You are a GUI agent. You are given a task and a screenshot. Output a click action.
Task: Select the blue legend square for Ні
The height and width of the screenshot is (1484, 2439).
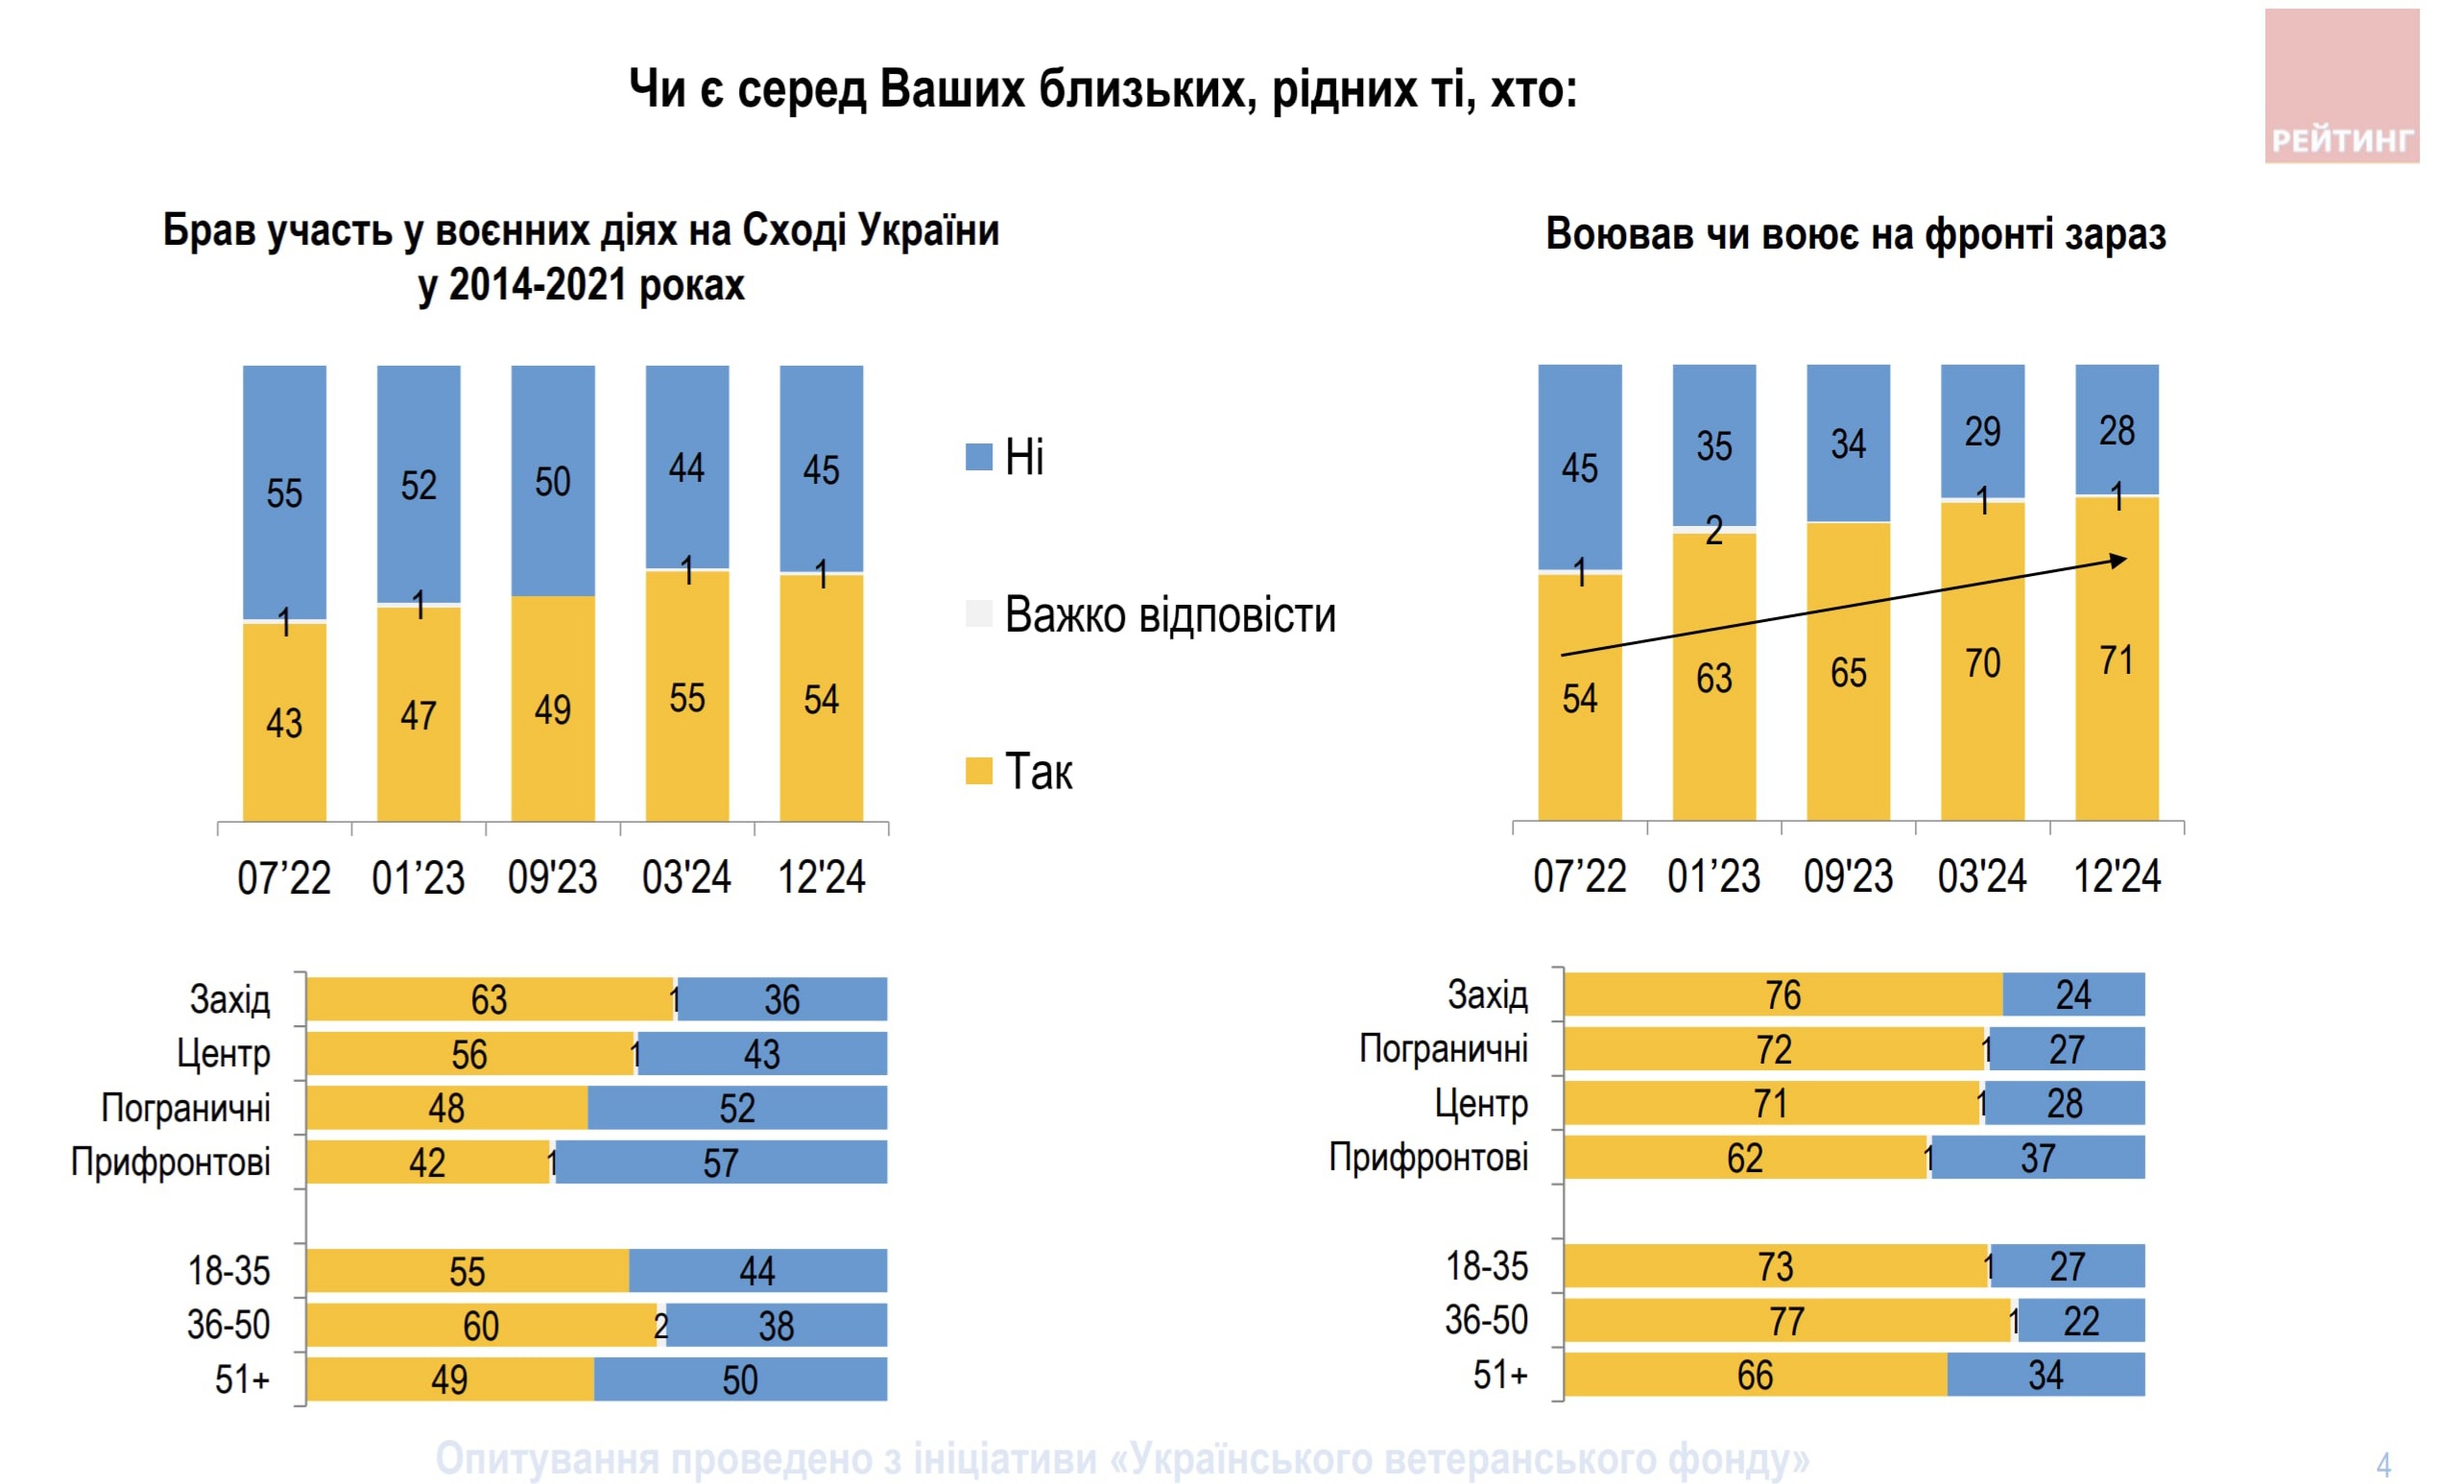978,457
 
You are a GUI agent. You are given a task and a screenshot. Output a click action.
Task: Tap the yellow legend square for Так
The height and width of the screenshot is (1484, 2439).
978,771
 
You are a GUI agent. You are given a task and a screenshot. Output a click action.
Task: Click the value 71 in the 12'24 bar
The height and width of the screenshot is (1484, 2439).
2116,660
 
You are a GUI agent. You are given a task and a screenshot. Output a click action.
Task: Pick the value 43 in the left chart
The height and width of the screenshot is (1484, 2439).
284,723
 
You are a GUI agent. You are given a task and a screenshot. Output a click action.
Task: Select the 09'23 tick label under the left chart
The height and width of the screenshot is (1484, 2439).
552,877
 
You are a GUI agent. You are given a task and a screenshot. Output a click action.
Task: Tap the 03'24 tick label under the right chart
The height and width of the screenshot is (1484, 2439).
1982,876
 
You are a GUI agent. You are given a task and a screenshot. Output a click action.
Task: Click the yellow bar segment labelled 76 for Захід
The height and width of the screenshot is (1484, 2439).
1781,995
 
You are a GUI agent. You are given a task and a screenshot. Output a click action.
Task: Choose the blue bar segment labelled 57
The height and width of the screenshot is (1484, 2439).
721,1162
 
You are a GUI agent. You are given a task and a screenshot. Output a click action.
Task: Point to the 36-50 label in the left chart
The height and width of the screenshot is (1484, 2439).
228,1325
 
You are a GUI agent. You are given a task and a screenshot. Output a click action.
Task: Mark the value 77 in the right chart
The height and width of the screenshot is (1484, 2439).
1785,1321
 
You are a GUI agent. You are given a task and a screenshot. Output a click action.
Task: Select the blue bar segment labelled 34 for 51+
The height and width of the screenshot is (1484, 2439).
2045,1376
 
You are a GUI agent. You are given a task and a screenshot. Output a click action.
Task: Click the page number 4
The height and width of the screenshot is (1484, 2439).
2383,1464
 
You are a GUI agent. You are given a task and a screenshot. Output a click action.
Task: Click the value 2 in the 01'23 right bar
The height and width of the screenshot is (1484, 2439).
1713,532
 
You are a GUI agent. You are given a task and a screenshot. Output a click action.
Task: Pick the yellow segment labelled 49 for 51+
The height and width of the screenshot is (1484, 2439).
449,1379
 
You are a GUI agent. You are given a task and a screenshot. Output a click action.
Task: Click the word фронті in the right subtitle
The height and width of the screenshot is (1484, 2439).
1990,234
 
